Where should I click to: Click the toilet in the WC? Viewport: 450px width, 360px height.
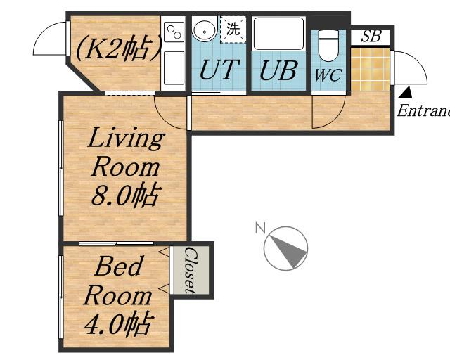pos(328,45)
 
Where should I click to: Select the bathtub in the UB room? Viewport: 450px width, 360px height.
pos(278,34)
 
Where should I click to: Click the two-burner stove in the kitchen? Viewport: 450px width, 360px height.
pos(174,32)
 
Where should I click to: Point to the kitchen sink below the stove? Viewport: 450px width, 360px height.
pos(174,68)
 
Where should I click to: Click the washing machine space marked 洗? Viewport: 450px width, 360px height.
pos(233,30)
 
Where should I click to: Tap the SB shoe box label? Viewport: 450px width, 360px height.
pos(371,37)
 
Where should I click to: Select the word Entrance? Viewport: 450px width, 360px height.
pos(423,110)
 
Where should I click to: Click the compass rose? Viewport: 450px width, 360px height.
pos(285,248)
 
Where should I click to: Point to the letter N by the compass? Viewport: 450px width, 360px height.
pos(260,228)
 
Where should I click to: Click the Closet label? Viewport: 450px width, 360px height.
pos(190,270)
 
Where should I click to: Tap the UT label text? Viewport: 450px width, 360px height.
pos(219,70)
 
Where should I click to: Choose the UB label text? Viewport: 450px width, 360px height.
pos(278,70)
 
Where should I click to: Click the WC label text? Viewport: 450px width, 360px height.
pos(328,75)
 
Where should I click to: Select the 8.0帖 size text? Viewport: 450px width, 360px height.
pos(125,195)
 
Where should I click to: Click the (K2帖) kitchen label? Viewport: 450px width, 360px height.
pos(118,48)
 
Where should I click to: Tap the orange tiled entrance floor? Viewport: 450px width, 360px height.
pos(370,69)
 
